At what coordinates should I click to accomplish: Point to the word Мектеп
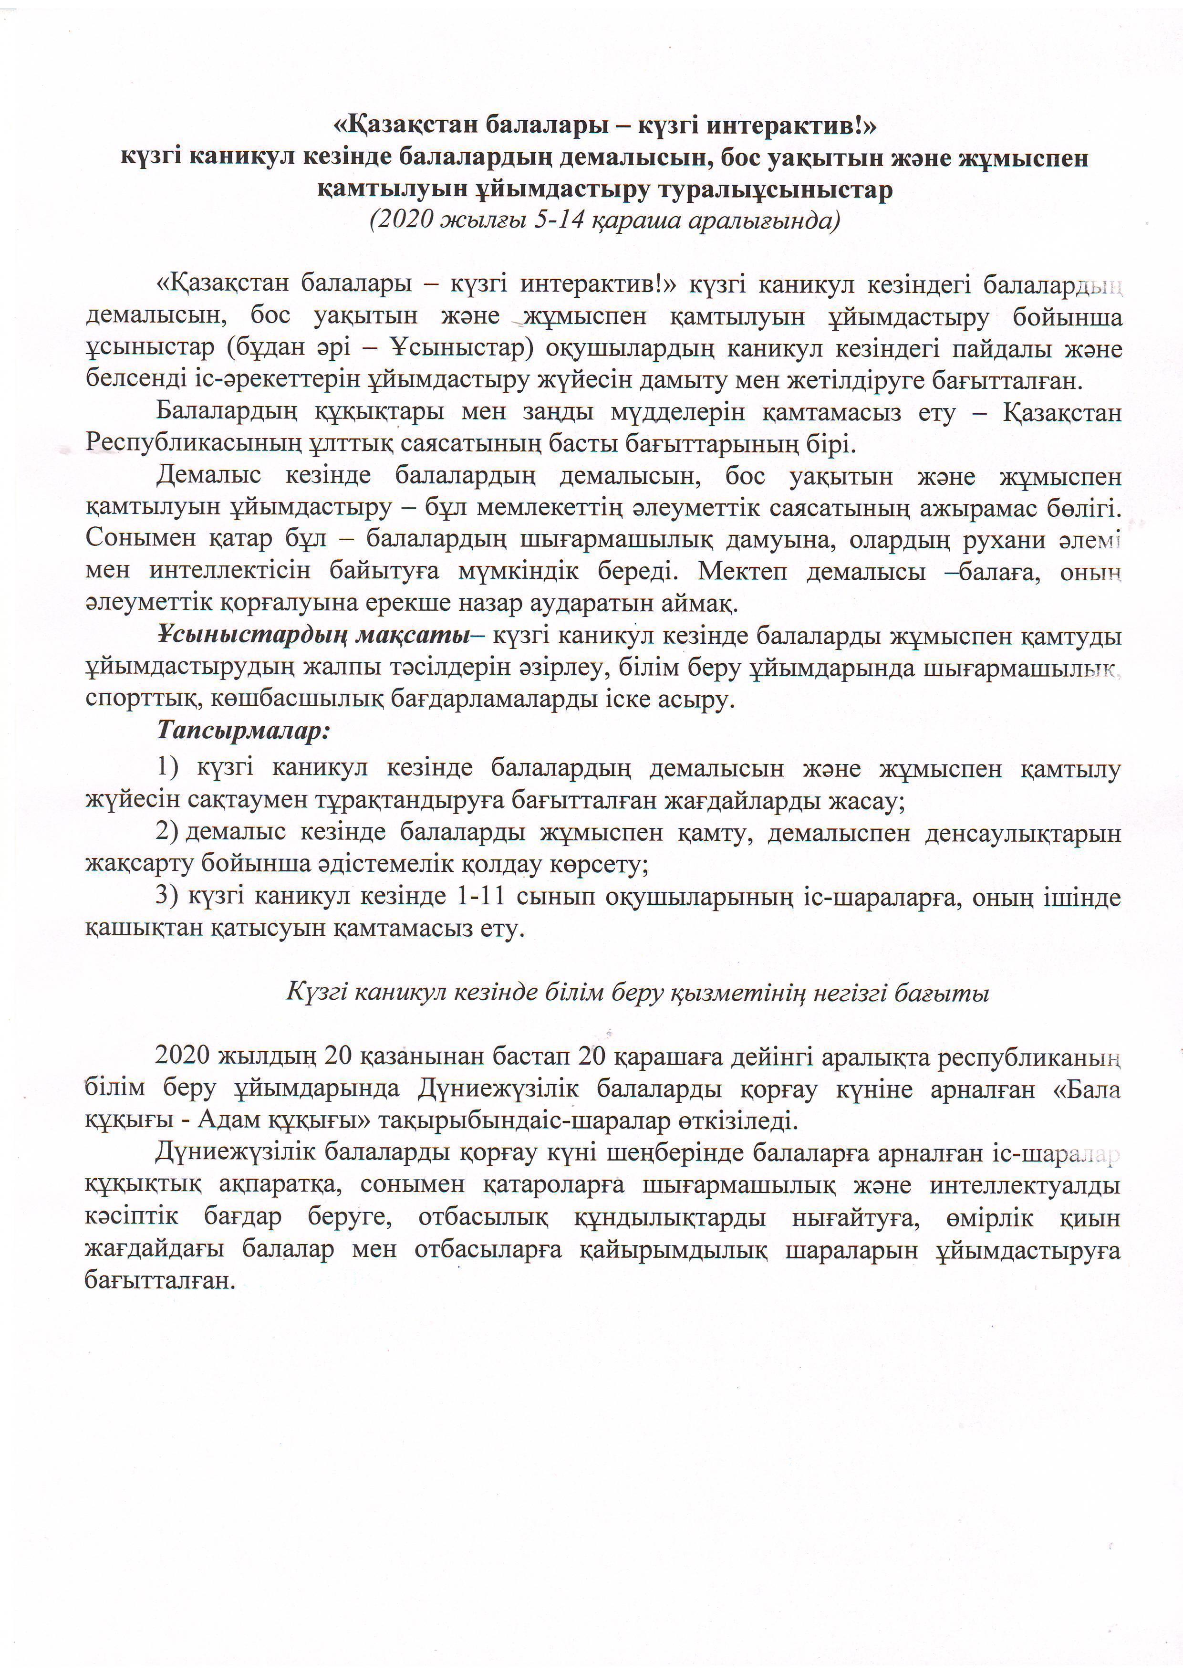tap(742, 571)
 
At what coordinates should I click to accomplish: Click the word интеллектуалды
tap(1025, 1185)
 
